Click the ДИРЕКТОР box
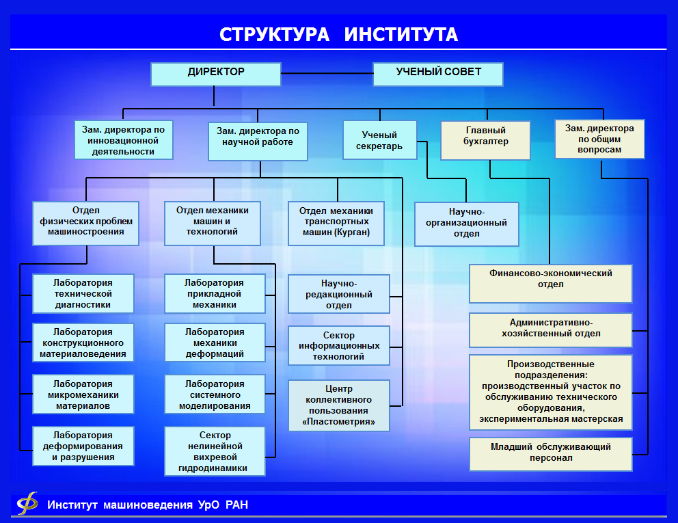click(216, 74)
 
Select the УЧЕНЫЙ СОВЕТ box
click(438, 74)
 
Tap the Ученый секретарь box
click(379, 140)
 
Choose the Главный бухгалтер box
click(485, 140)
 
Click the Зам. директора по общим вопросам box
click(599, 139)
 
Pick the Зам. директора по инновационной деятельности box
click(124, 139)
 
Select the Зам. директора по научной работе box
click(258, 142)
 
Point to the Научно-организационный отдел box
click(467, 224)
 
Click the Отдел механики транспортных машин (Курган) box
click(336, 224)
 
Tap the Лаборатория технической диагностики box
click(83, 293)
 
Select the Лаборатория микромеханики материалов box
click(83, 394)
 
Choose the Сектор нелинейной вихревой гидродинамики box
click(215, 451)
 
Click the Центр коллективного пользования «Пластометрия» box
click(338, 405)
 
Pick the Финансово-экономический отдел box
click(550, 283)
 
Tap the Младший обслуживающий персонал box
click(550, 454)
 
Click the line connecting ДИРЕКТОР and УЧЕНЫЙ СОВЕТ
click(327, 74)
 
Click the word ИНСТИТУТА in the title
click(401, 35)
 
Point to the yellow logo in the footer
click(27, 503)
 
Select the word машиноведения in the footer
click(148, 505)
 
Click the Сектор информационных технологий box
click(338, 345)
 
